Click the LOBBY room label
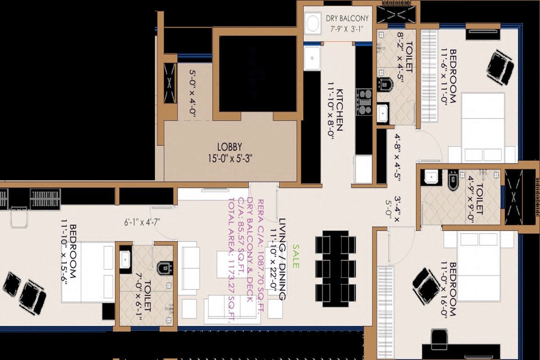point(229,147)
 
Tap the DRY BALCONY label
point(347,18)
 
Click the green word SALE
point(296,256)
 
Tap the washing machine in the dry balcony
point(311,23)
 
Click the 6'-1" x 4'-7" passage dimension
point(143,221)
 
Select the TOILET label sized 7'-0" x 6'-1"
point(148,305)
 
